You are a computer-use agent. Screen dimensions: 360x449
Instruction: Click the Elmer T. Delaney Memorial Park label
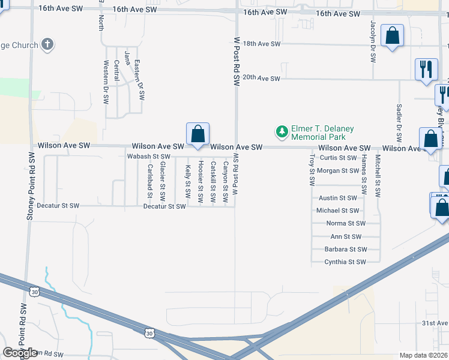(322, 133)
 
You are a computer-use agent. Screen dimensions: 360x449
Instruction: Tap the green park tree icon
(280, 131)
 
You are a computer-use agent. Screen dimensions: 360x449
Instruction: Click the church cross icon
(48, 45)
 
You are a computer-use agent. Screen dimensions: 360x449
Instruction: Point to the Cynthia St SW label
(345, 262)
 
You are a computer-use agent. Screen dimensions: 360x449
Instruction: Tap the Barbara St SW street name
(345, 249)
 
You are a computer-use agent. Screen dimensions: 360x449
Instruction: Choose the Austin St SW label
(337, 198)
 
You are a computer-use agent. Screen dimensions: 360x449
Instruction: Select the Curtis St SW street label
(338, 158)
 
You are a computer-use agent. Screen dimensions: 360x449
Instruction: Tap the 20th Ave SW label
(261, 79)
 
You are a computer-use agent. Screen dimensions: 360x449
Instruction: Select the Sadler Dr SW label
(399, 120)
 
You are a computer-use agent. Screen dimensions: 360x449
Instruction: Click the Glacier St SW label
(162, 182)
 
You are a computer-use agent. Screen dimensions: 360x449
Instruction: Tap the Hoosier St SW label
(200, 180)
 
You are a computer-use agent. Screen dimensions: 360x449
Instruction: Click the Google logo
(20, 353)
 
